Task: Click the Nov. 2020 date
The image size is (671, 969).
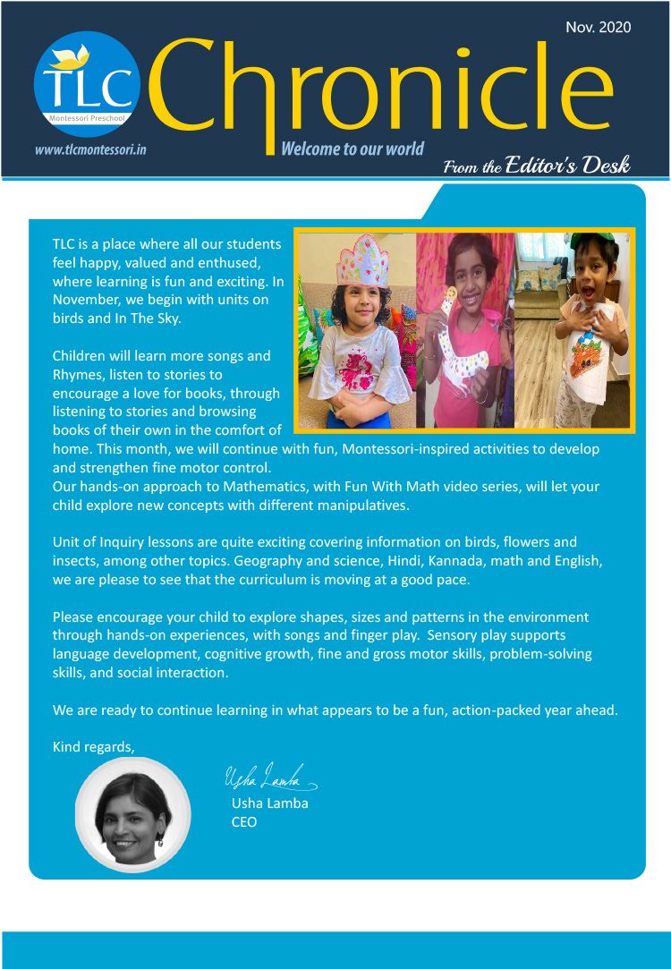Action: (x=598, y=27)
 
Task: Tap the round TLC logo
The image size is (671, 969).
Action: (x=87, y=83)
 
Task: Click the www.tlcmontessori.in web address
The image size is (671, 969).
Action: (x=90, y=149)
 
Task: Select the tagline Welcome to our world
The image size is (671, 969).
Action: (x=352, y=149)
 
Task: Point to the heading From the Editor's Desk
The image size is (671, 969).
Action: (x=537, y=166)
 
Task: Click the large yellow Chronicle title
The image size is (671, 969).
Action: (x=385, y=85)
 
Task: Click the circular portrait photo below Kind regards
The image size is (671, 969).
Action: (x=132, y=814)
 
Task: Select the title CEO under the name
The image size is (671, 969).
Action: (x=244, y=821)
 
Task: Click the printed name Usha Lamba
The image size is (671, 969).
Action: (x=269, y=803)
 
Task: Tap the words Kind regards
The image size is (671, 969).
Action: (x=93, y=746)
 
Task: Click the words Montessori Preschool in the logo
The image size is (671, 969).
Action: (x=88, y=117)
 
